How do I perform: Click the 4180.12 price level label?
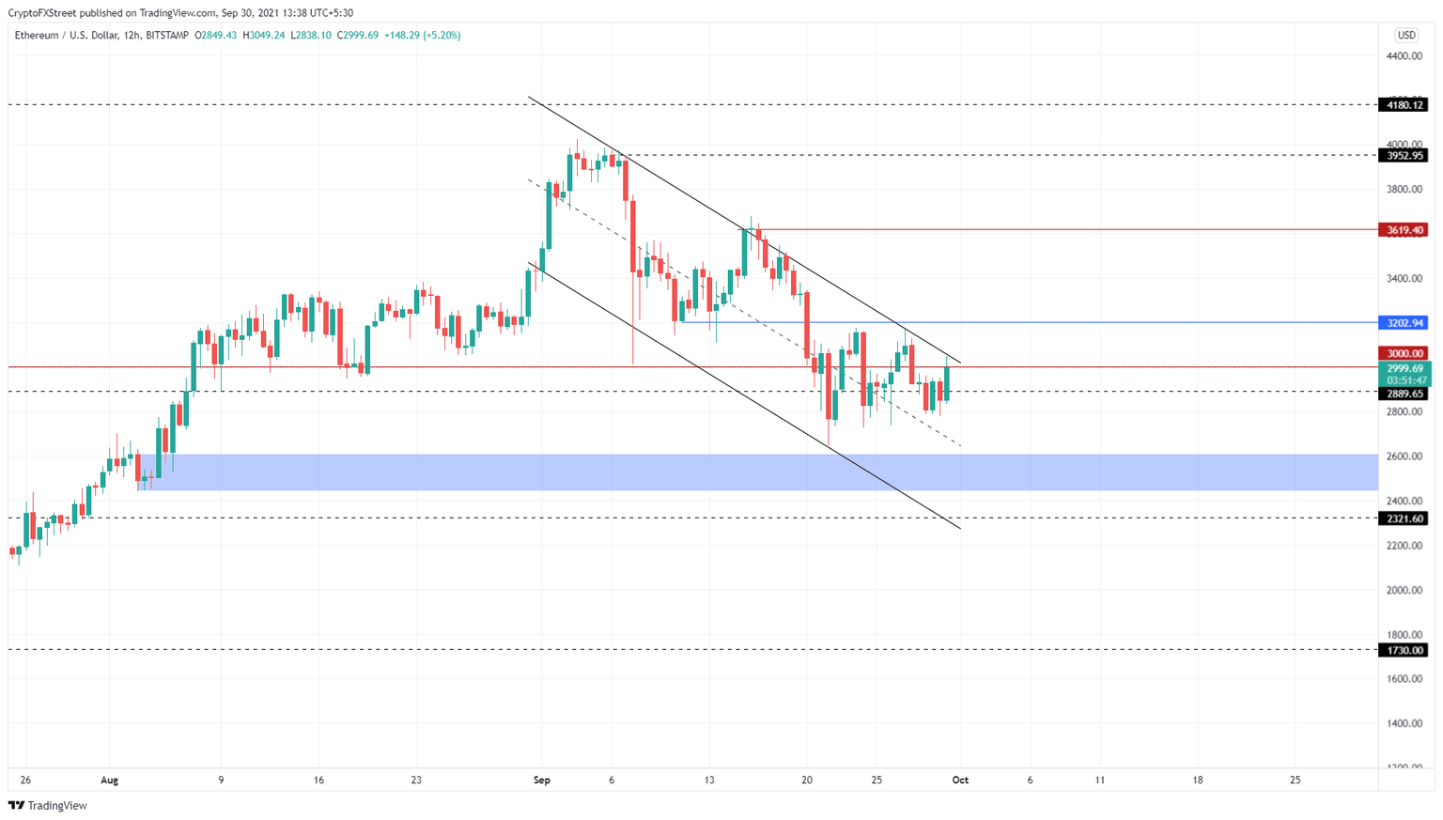(x=1404, y=105)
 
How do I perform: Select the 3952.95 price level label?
(x=1404, y=156)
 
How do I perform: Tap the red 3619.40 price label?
(x=1404, y=230)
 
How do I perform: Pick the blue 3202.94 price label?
(x=1404, y=323)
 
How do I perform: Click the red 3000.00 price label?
(x=1404, y=354)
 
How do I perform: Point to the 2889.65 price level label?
(x=1404, y=395)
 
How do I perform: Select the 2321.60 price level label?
(x=1404, y=518)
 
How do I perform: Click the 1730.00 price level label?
(x=1404, y=650)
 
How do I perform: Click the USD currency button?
(x=1405, y=36)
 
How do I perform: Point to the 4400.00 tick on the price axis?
(x=1404, y=56)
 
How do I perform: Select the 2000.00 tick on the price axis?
(x=1404, y=591)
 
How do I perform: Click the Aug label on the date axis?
(x=109, y=780)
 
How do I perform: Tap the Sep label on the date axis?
(x=541, y=780)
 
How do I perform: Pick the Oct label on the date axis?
(x=960, y=780)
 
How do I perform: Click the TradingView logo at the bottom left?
(x=48, y=805)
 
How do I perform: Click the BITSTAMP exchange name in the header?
(x=167, y=36)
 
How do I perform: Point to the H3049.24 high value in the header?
(x=264, y=36)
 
